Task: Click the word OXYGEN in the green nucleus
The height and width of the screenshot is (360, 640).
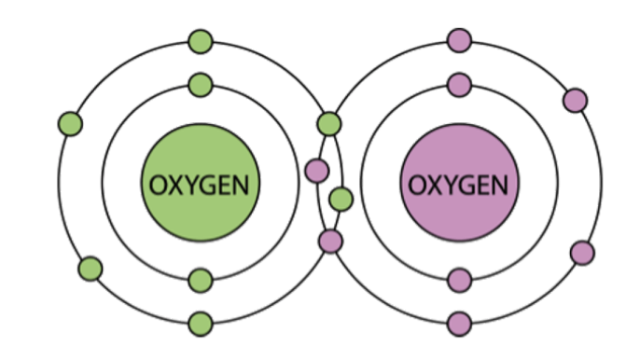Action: pos(200,185)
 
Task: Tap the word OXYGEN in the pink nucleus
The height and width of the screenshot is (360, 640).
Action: pos(458,185)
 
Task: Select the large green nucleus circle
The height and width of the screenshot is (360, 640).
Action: pos(200,183)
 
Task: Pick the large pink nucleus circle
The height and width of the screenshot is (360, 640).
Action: pos(459,183)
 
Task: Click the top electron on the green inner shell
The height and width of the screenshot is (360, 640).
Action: pos(201,85)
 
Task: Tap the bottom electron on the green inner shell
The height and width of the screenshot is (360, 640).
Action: pos(201,281)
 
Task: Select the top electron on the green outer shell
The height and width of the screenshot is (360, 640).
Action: pos(201,41)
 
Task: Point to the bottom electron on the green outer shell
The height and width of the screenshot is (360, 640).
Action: pos(201,324)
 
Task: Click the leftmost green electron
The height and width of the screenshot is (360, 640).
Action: pos(70,124)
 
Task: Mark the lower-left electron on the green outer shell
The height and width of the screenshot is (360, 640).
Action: pos(90,269)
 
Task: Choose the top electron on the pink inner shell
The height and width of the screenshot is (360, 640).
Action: pos(460,85)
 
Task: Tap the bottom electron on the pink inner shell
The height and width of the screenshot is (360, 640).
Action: pos(460,281)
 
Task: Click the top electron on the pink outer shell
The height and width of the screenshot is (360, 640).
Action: pos(460,40)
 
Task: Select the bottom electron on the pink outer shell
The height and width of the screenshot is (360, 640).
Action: pos(460,324)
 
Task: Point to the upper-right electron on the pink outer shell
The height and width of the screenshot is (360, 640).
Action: pos(575,100)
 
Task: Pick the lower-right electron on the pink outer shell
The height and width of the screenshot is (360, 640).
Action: pos(582,253)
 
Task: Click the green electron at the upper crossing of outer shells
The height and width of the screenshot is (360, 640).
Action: pos(329,124)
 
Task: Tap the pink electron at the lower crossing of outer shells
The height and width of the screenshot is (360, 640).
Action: pos(330,242)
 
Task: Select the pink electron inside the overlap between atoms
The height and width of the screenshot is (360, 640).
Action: pos(317,171)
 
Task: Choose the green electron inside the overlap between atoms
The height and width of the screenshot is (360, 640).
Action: pos(341,200)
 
